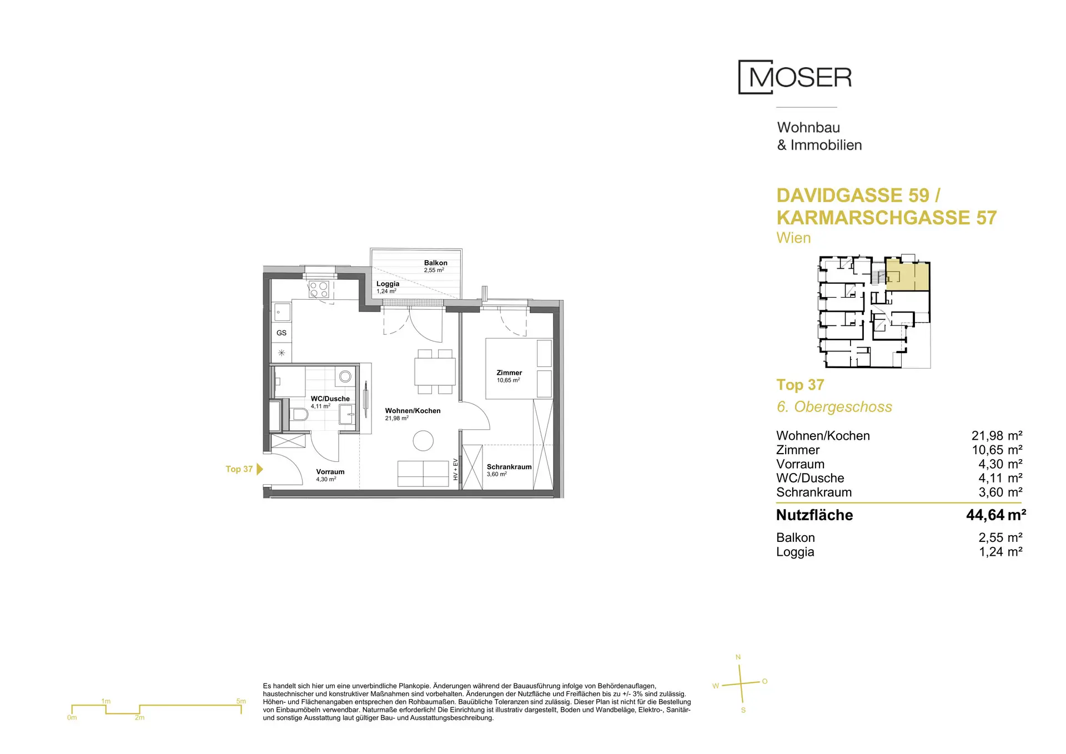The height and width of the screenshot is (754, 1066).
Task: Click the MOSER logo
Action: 795,77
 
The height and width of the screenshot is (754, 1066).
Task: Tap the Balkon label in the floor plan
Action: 435,263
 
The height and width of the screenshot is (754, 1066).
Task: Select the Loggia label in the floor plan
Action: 388,284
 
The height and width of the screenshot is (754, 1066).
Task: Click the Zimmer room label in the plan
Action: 509,373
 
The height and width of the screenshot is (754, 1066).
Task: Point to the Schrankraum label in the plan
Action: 509,467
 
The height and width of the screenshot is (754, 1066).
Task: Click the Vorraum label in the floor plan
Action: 330,472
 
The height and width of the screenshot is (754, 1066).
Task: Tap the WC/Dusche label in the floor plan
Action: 330,399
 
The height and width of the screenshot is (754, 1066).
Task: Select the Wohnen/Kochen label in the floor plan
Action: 413,411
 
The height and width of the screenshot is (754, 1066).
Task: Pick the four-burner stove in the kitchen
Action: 319,289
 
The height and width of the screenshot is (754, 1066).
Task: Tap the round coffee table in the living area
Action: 423,441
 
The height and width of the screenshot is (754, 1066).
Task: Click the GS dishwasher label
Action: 281,333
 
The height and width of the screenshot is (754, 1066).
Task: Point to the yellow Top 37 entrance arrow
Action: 260,469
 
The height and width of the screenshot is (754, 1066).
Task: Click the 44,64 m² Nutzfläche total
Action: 996,515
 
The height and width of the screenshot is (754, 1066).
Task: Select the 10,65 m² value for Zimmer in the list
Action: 997,450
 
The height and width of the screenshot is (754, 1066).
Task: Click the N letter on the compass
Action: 738,657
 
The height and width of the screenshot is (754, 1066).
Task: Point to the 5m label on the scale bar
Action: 241,701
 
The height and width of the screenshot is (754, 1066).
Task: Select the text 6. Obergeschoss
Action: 834,407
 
